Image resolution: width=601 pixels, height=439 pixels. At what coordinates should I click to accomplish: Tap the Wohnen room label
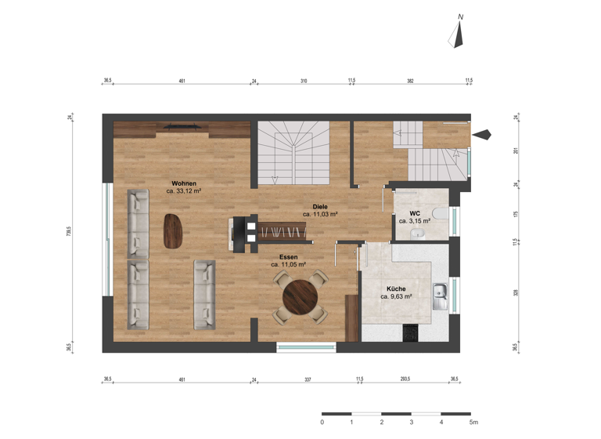[x=184, y=183]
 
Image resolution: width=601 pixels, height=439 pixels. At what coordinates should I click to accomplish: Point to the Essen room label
[x=289, y=256]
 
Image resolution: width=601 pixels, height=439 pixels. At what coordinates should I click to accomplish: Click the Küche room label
[x=396, y=288]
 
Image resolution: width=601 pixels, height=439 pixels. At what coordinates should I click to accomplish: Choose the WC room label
[x=415, y=213]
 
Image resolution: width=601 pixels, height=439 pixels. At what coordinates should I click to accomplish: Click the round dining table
[x=300, y=296]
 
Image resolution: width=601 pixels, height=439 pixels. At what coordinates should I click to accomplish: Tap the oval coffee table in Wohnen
[x=172, y=230]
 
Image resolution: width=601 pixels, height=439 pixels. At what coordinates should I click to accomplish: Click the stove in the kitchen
[x=409, y=333]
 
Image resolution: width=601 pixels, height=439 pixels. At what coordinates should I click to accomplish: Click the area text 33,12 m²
[x=185, y=190]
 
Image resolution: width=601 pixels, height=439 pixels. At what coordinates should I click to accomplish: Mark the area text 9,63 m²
[x=397, y=297]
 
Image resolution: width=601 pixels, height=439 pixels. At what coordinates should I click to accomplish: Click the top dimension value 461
[x=182, y=80]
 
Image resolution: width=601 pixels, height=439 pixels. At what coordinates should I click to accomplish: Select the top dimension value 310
[x=303, y=80]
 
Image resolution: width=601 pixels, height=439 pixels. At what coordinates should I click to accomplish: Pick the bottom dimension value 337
[x=308, y=379]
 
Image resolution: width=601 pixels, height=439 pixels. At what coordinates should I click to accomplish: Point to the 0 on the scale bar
[x=322, y=423]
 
